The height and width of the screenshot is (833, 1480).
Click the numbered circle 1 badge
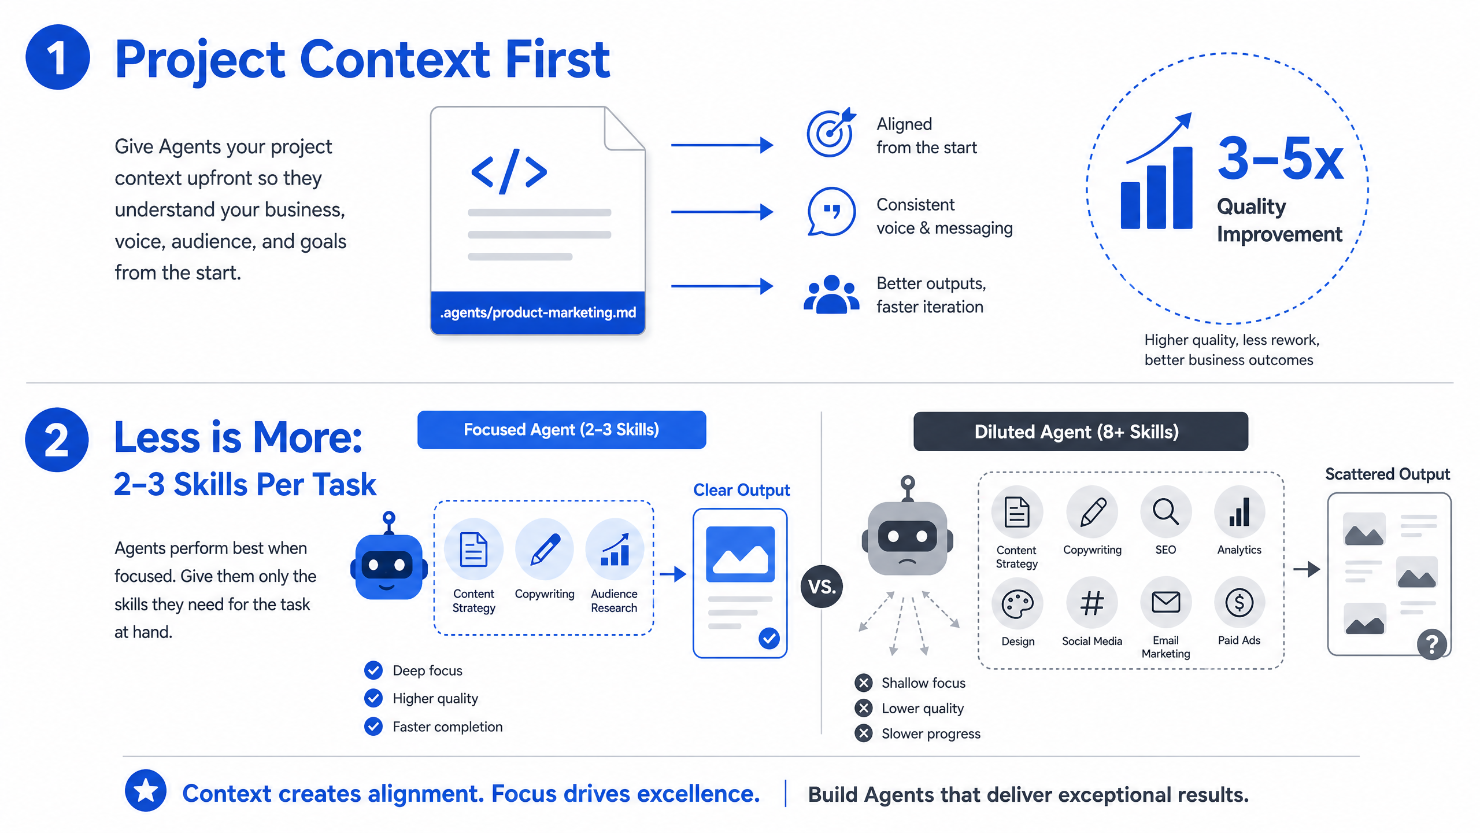point(58,57)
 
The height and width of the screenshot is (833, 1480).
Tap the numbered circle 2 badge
point(57,440)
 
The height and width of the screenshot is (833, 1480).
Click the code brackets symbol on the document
point(509,171)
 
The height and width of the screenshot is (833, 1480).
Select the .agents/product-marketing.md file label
point(538,312)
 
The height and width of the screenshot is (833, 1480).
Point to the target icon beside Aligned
point(831,132)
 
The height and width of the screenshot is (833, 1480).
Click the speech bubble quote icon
point(831,211)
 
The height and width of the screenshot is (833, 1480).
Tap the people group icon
point(831,294)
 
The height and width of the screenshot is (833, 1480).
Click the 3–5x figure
point(1281,157)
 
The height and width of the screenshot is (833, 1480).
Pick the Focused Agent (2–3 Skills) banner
point(561,430)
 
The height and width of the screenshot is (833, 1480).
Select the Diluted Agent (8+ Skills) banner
point(1081,432)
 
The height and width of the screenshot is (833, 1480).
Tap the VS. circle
point(822,587)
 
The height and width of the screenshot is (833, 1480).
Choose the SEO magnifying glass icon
point(1165,512)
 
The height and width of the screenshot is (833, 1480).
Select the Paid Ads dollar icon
point(1239,603)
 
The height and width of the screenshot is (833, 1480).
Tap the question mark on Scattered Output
point(1432,644)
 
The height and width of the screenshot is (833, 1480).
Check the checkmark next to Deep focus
point(373,670)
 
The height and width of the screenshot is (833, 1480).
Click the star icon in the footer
point(146,791)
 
